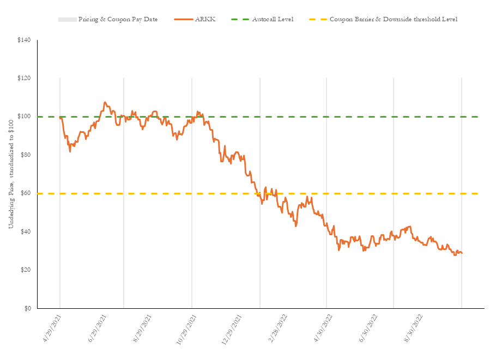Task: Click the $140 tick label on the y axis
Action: tap(25, 41)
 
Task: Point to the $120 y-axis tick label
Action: tap(25, 79)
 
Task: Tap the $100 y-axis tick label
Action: tap(25, 117)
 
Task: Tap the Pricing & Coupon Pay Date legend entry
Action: tap(118, 20)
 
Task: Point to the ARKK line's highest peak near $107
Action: tap(105, 102)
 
